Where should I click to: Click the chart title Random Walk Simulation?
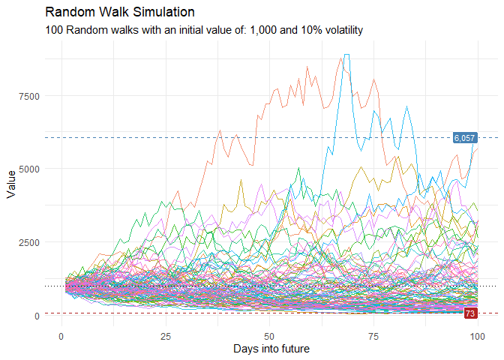(120, 13)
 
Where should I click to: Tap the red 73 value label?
(470, 313)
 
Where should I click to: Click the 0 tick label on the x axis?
(61, 336)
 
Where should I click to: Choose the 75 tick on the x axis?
(373, 336)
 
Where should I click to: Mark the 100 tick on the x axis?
(477, 336)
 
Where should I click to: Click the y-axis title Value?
(11, 184)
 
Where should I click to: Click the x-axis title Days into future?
(271, 349)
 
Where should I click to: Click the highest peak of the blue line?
(346, 55)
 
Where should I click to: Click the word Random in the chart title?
(68, 13)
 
